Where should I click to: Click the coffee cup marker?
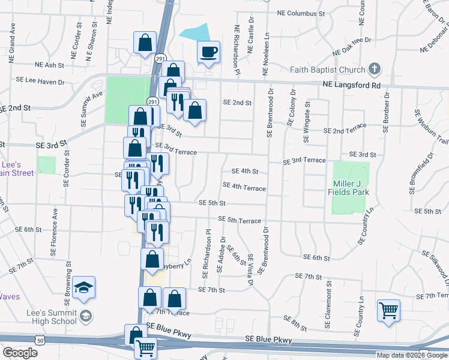click(x=208, y=52)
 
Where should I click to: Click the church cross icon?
click(x=375, y=69)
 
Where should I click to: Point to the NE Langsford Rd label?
click(x=352, y=86)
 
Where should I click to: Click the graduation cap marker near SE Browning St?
click(x=84, y=288)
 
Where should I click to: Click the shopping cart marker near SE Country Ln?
click(x=388, y=310)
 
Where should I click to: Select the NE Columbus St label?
click(x=301, y=13)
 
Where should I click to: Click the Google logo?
click(x=19, y=352)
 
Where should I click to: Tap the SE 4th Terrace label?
click(x=244, y=188)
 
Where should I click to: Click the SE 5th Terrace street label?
click(x=240, y=220)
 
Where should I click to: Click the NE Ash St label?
click(x=49, y=65)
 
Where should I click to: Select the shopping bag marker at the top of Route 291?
click(x=145, y=43)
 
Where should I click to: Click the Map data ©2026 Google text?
click(x=412, y=355)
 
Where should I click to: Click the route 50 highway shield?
click(x=39, y=340)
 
